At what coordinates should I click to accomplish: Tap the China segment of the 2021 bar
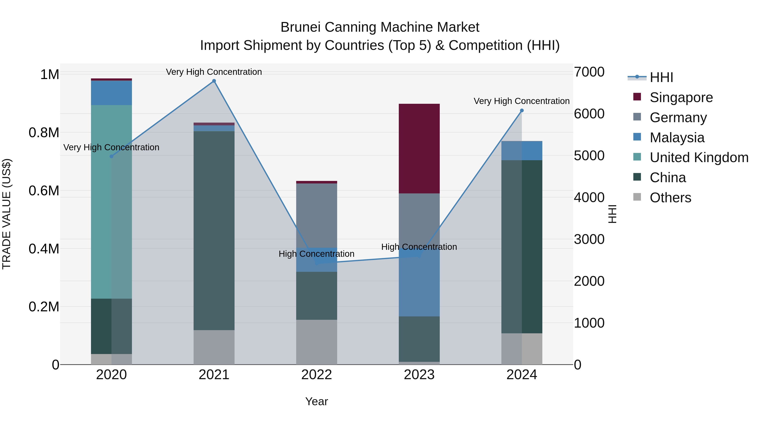pos(214,230)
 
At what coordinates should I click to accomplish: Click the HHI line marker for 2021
pos(214,81)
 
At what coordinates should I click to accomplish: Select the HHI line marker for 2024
pos(522,111)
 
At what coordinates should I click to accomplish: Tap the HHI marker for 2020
pos(111,156)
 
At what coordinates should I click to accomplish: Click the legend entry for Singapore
pos(681,97)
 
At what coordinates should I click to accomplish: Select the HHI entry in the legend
pos(661,77)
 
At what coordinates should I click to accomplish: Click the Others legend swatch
pos(637,197)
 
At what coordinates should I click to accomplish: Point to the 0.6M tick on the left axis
pos(44,190)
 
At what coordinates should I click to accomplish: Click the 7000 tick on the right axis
pos(589,72)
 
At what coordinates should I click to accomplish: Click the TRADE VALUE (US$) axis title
pos(7,214)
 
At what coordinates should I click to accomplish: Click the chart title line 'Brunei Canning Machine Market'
pos(380,27)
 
